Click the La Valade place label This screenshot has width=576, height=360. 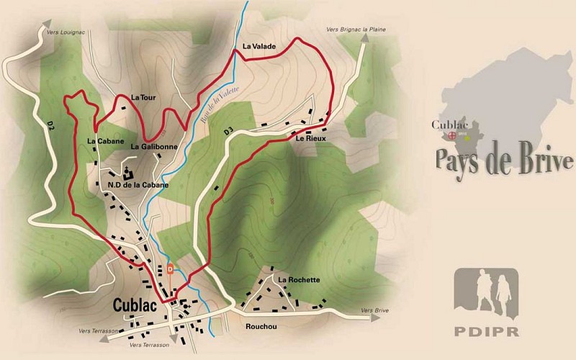pos(259,47)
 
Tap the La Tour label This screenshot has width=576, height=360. pos(143,97)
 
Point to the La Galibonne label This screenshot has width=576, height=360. pos(154,146)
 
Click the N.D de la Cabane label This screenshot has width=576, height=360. pos(138,185)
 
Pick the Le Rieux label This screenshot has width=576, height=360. pos(311,138)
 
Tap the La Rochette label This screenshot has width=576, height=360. pos(299,279)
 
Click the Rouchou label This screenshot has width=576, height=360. pos(261,326)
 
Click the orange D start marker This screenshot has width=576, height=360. pos(170,270)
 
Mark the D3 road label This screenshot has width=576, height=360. pos(230,132)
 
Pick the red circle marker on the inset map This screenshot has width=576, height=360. pos(452,135)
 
